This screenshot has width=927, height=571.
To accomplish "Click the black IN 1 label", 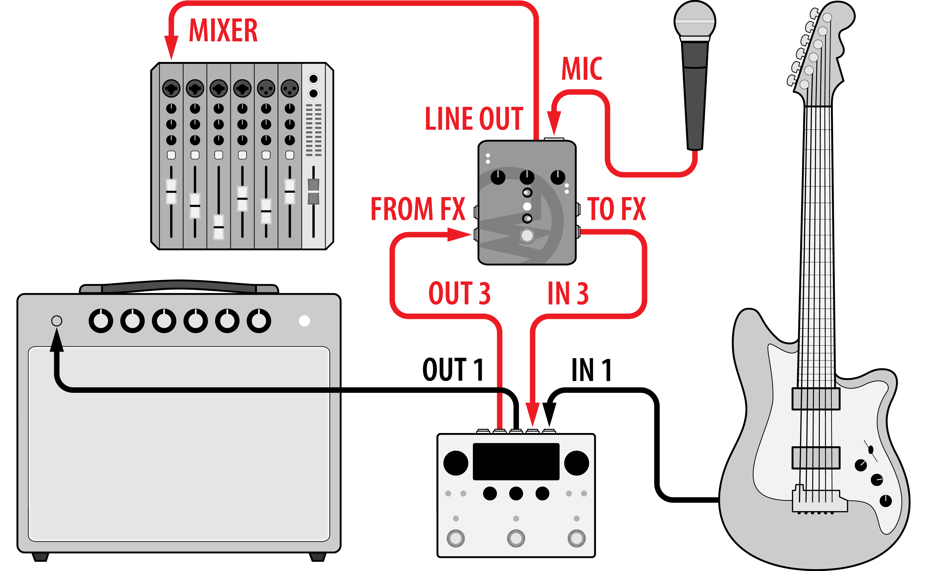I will (591, 370).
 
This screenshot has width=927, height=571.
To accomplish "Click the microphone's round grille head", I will (695, 20).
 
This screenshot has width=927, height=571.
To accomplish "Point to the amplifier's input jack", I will (57, 321).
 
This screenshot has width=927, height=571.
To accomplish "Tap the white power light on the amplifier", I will (304, 321).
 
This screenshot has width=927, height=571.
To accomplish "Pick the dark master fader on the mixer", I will (313, 192).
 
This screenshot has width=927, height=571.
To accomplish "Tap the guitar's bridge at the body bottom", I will (819, 500).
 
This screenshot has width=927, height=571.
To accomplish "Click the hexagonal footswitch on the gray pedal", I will (527, 236).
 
